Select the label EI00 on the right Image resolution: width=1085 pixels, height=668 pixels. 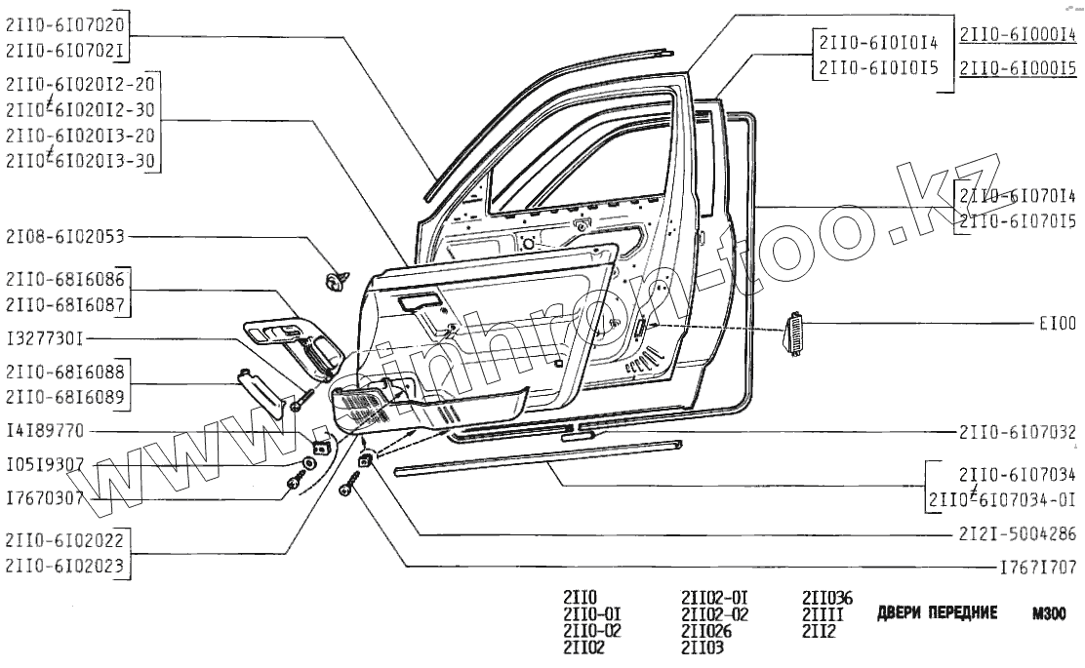[x=1057, y=323]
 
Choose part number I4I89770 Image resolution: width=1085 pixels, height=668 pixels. [x=45, y=430]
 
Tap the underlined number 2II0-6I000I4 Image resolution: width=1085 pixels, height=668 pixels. [x=1018, y=34]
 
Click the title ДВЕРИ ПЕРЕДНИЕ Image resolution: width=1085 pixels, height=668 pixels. [x=938, y=613]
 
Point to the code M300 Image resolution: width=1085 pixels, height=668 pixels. [x=1049, y=614]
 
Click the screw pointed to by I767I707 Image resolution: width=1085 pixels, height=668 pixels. [x=350, y=484]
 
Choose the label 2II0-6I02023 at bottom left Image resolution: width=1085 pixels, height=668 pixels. [x=66, y=564]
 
